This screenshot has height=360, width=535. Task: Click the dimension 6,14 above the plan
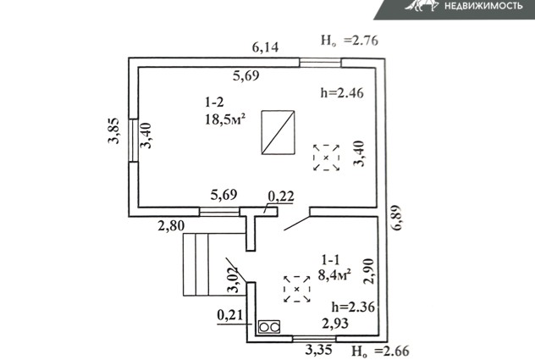pos(266,47)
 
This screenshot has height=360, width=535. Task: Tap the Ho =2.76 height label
pos(350,41)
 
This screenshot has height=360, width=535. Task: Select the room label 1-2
pos(215,102)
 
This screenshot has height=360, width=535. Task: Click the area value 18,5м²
pos(225,119)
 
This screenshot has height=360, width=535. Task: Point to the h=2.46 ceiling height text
pos(342,93)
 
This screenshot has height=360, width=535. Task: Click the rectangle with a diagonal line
pos(278,132)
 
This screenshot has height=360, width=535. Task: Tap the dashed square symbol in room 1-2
pos(326,158)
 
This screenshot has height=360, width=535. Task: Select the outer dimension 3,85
pos(114,130)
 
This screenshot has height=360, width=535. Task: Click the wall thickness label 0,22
pos(281,197)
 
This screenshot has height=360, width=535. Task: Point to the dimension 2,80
pos(171,226)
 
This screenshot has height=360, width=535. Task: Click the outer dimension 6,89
pos(397,218)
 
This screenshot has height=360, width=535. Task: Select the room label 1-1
pos(330,260)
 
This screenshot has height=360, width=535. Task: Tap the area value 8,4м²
pos(334,274)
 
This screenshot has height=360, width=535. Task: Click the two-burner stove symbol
pos(269,327)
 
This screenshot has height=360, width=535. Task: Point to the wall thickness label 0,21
pos(230,315)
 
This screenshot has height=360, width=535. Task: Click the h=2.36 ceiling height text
pos(353,307)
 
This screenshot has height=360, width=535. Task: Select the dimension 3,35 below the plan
pos(318,350)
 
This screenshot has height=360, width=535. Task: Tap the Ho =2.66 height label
pos(380,352)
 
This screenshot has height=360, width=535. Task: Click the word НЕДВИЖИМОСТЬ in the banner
pos(483,5)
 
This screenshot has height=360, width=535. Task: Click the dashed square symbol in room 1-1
pos(297,289)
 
